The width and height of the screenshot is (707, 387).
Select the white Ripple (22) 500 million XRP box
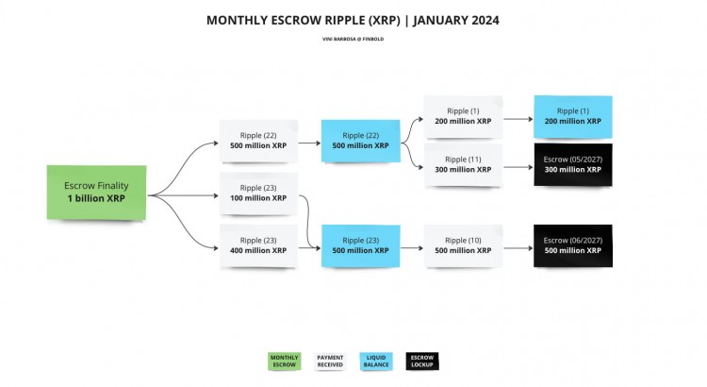point(258,140)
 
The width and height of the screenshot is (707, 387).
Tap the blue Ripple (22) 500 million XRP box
point(360,140)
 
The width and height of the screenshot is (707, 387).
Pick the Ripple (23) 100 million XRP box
point(258,193)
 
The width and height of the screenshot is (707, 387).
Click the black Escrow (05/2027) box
point(572,164)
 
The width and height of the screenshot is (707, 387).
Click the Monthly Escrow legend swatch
point(284,362)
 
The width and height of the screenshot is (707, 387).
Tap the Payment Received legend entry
point(330,362)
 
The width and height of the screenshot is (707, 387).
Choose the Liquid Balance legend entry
point(376,362)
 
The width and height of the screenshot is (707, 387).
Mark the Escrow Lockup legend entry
point(422,362)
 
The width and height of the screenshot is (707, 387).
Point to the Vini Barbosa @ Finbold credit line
point(353,39)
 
